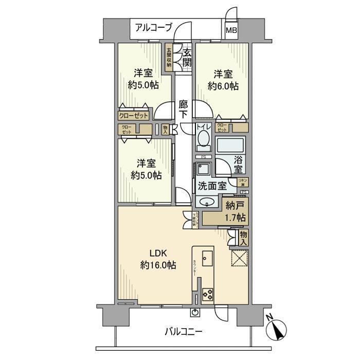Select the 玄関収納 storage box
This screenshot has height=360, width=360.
click(x=169, y=58)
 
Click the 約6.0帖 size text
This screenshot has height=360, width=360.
click(x=223, y=86)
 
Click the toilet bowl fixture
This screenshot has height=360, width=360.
click(x=203, y=139)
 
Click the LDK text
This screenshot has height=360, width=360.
click(x=158, y=254)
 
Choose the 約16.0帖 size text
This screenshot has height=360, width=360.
click(x=158, y=265)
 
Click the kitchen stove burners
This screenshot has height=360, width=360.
click(x=208, y=295)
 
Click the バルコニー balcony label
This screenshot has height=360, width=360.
click(x=184, y=332)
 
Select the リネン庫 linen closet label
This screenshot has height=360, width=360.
click(x=243, y=182)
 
